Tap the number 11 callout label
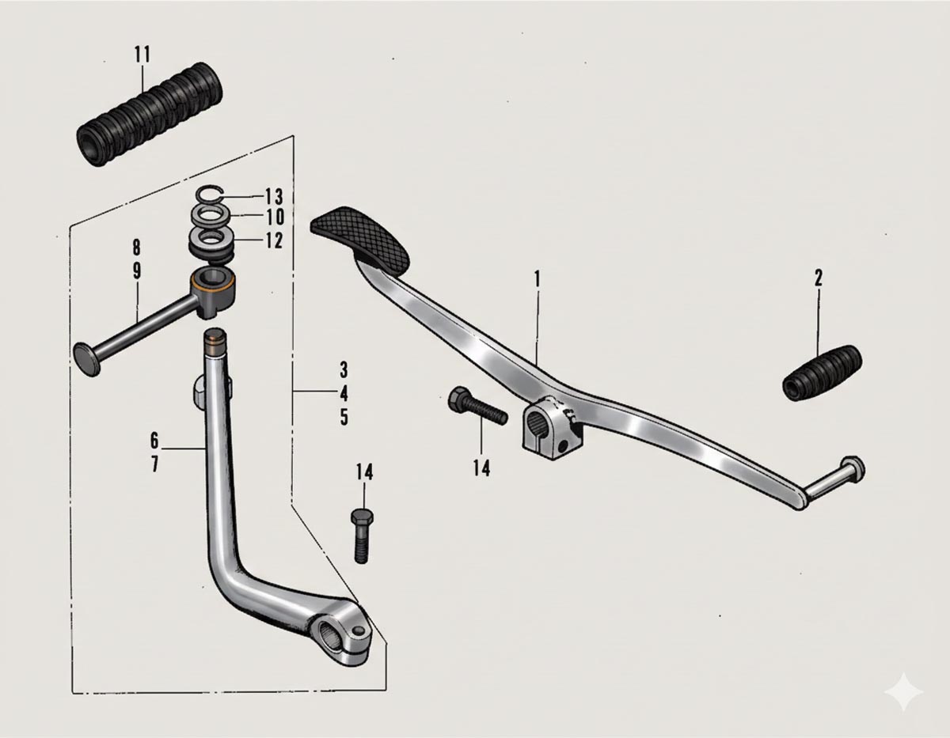click(142, 55)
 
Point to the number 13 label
click(274, 196)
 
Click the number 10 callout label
click(274, 218)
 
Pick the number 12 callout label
click(274, 240)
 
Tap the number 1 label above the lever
click(537, 278)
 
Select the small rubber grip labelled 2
click(821, 372)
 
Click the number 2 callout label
click(818, 278)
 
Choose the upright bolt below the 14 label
click(361, 535)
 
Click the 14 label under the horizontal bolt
click(481, 468)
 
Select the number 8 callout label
click(137, 245)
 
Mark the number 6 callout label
click(154, 439)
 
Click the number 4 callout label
click(344, 393)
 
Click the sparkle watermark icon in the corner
click(903, 693)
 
